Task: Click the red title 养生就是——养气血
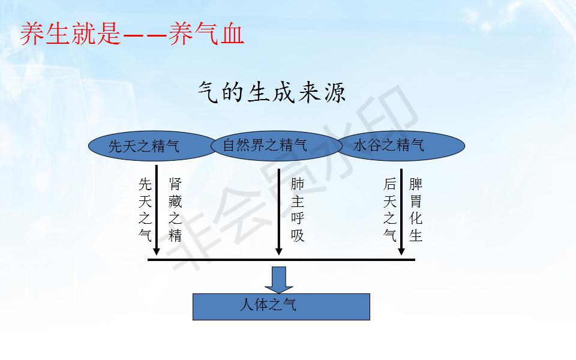point(132,34)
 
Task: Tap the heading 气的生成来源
point(272,92)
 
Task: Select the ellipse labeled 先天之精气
point(152,146)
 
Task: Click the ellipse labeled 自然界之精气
point(276,146)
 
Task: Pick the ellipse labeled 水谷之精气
point(401,146)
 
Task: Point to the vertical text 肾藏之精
point(175,210)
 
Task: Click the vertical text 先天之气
point(145,210)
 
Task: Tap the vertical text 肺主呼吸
point(298,210)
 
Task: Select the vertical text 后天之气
point(390,210)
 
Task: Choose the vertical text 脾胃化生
point(416,210)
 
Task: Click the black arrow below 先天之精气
point(157,210)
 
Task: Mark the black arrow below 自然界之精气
point(279,212)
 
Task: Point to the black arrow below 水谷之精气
point(401,212)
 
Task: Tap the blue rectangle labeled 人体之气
point(281,307)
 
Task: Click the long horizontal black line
point(281,260)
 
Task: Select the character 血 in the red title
point(232,34)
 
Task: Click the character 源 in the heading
point(335,92)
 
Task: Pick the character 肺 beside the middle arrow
point(298,184)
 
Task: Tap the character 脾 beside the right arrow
point(416,184)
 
